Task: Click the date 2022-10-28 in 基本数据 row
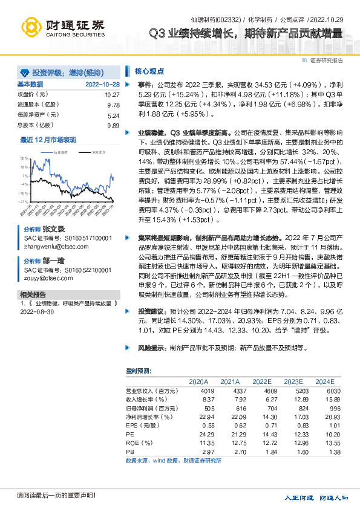[102, 84]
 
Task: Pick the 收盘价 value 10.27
[112, 95]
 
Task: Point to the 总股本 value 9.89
[113, 125]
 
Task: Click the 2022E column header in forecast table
[261, 381]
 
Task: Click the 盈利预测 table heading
[139, 370]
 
